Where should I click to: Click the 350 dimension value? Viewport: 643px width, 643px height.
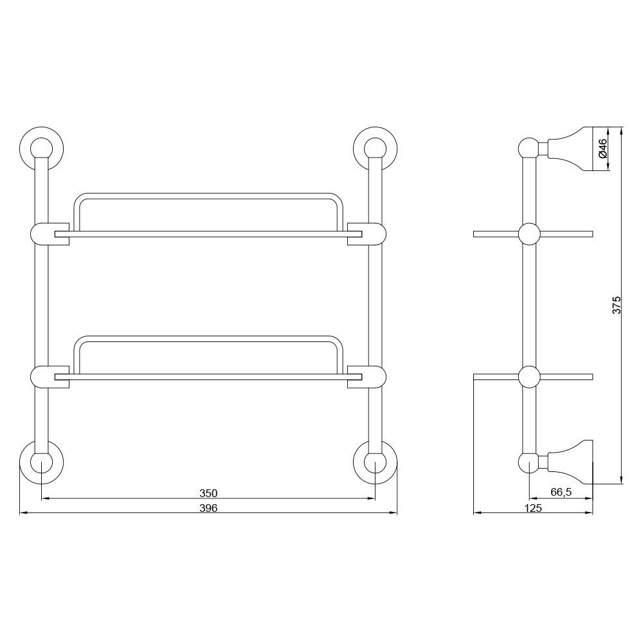208,493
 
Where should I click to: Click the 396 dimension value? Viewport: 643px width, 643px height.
208,508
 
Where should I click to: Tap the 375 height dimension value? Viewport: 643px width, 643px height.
617,305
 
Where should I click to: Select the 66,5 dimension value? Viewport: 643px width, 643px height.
561,492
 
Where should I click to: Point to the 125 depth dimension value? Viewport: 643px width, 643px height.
533,508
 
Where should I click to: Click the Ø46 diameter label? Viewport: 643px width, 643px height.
602,149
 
